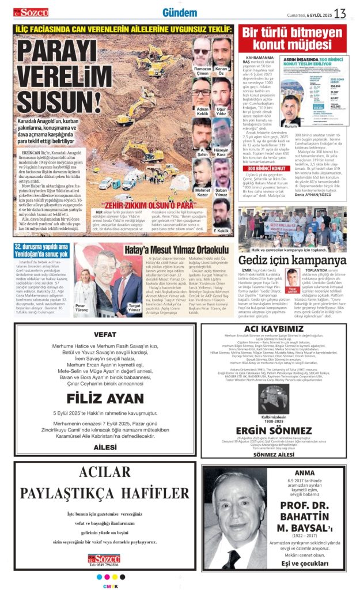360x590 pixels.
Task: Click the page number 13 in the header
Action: [x=340, y=13]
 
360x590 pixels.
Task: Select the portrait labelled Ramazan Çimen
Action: [x=202, y=53]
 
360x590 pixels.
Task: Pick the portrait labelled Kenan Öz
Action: [x=222, y=53]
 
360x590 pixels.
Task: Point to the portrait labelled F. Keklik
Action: [x=222, y=213]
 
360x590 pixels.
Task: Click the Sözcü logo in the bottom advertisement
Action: [x=100, y=558]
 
